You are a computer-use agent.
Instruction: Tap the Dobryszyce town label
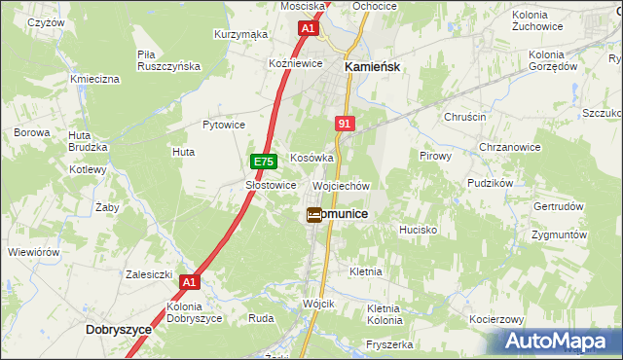[x=119, y=330]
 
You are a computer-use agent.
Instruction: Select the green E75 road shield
[x=262, y=161]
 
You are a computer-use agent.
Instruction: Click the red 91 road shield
[x=345, y=124]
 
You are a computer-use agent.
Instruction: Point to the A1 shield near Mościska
[x=308, y=29]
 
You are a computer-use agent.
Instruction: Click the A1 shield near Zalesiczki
[x=190, y=282]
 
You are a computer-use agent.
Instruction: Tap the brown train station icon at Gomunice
[x=314, y=215]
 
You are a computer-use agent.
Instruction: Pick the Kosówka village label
[x=311, y=158]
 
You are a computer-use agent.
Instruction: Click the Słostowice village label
[x=270, y=185]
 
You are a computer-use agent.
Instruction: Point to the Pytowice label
[x=223, y=125]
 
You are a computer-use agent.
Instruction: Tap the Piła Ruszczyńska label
[x=168, y=60]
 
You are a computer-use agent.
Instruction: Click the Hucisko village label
[x=421, y=230]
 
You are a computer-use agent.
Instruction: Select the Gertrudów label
[x=558, y=206]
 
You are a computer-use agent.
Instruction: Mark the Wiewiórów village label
[x=34, y=252]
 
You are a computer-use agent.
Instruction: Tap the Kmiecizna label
[x=94, y=78]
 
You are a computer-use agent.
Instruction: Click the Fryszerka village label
[x=389, y=344]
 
